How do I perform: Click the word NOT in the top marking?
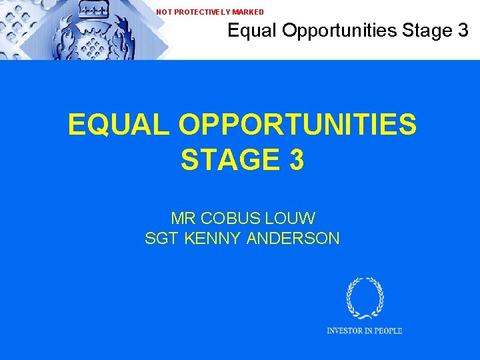coord(163,12)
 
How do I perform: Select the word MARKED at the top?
coord(248,12)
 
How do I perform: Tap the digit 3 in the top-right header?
coord(463,30)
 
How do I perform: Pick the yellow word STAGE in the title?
coord(226,160)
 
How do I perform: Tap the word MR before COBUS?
coord(183,218)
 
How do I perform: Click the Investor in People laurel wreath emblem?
coord(365,298)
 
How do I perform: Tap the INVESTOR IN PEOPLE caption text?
coord(364,331)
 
